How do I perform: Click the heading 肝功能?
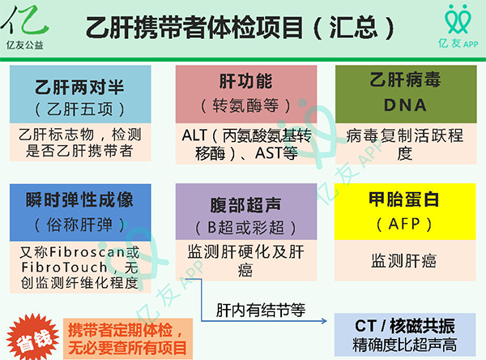coord(245,83)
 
